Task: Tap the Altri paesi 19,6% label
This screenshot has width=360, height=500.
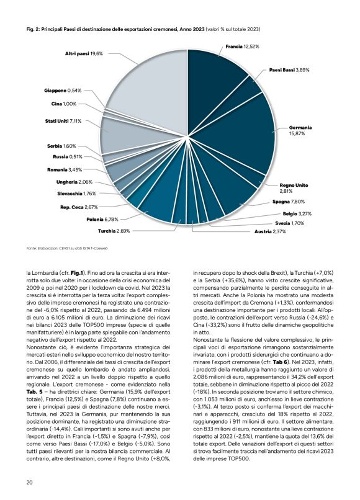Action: coord(84,54)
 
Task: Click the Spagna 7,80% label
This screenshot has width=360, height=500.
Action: coord(288,202)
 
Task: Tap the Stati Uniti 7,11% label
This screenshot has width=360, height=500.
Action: coord(63,121)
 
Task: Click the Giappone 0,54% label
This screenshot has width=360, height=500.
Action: coord(63,91)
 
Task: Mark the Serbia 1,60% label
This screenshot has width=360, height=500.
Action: coord(65,146)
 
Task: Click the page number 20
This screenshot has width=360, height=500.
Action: coord(29,483)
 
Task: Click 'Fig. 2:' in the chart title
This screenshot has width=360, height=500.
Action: coord(35,29)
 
